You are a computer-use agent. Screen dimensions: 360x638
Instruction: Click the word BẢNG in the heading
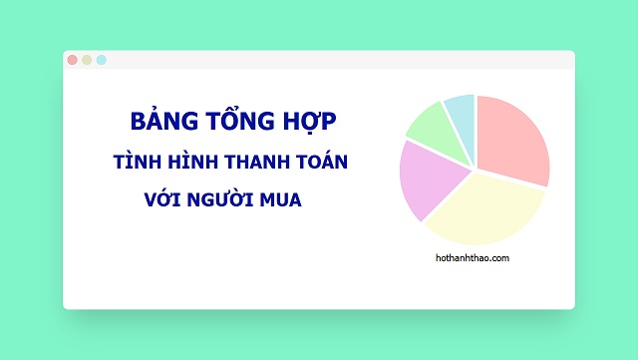(x=158, y=122)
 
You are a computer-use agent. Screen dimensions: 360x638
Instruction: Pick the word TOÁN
(x=323, y=162)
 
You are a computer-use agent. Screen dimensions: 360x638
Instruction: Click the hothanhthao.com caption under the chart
(x=474, y=258)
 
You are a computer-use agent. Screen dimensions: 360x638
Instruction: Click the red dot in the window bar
(x=72, y=60)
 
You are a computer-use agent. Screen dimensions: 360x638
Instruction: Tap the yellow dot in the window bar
(x=87, y=60)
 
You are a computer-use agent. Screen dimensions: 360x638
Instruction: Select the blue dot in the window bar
(x=102, y=60)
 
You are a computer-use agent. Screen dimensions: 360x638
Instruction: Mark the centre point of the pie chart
(x=475, y=168)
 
